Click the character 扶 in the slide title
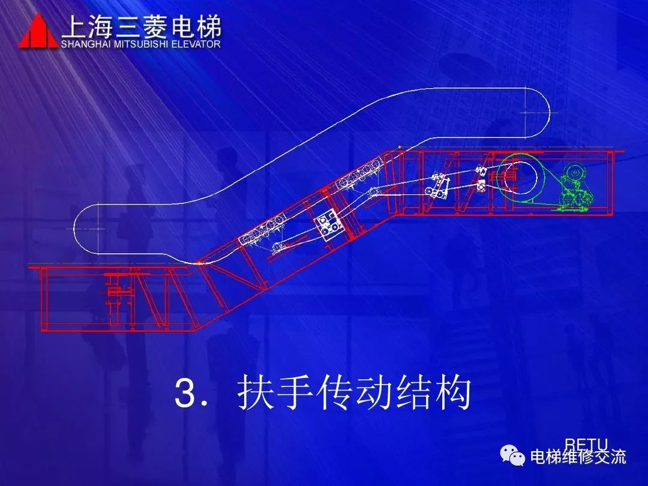point(253,394)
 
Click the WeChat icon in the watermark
point(513,456)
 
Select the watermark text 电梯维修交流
point(578,457)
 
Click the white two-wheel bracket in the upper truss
point(438,186)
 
